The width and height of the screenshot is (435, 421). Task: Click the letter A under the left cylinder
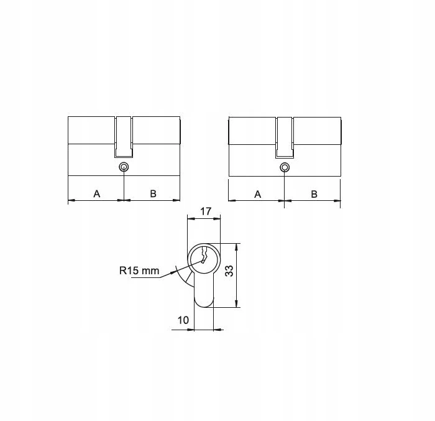click(96, 193)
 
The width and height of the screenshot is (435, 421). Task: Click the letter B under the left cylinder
click(153, 193)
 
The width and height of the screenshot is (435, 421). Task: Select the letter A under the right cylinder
click(258, 194)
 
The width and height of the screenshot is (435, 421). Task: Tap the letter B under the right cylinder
click(314, 194)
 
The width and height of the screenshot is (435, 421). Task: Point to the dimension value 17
click(206, 211)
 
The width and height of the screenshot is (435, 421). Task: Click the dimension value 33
click(229, 271)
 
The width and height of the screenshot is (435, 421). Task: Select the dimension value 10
click(183, 320)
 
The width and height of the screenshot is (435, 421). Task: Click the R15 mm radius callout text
click(139, 271)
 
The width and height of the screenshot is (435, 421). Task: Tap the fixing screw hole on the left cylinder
click(124, 167)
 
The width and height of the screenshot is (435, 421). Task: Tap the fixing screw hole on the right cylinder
click(285, 167)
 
